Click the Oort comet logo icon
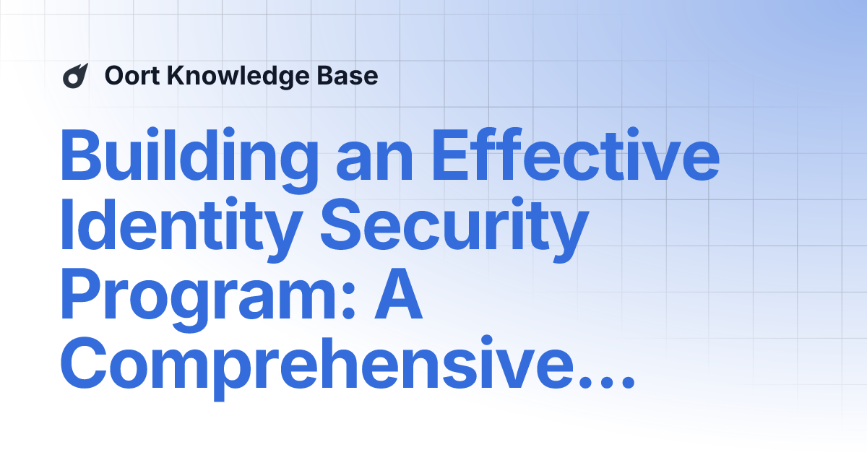75,76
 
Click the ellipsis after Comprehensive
606,383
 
